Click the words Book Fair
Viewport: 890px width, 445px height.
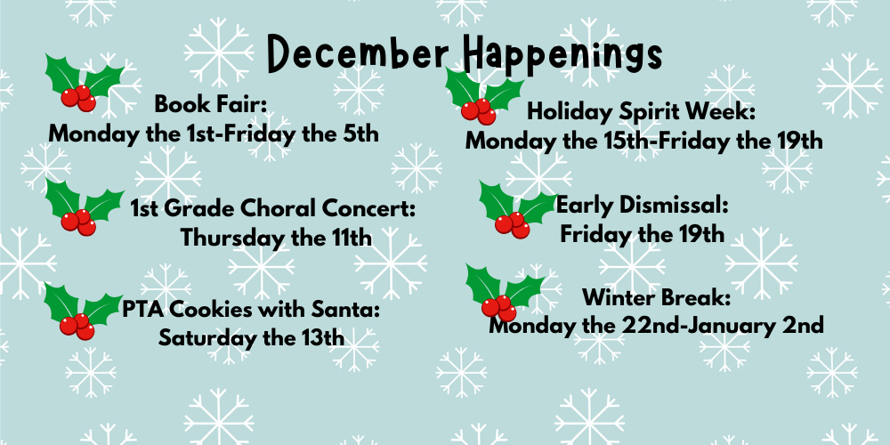click(x=211, y=104)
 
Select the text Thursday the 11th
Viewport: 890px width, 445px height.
click(x=276, y=239)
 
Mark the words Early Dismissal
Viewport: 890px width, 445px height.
click(x=643, y=206)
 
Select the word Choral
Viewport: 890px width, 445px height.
click(x=290, y=210)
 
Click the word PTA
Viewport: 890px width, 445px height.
click(x=143, y=310)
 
